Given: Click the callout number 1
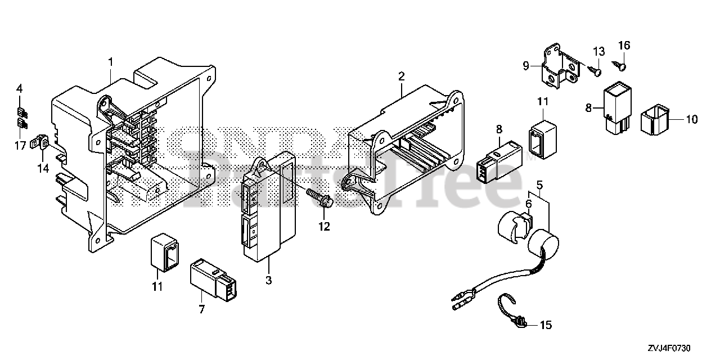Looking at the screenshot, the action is pos(111,61).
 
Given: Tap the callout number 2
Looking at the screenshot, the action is pos(401,76).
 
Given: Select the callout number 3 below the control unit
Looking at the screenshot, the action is pos(268,280).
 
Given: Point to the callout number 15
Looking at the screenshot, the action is pos(546,325).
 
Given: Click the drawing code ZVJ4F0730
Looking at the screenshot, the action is pos(668,349).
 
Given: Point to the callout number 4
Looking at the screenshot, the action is pos(20,88).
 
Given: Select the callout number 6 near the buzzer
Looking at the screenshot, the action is pos(528,204).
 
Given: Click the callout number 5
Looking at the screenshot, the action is pos(539,184).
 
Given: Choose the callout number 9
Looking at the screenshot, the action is pos(526,66).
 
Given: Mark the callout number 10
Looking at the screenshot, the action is pos(691,119).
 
